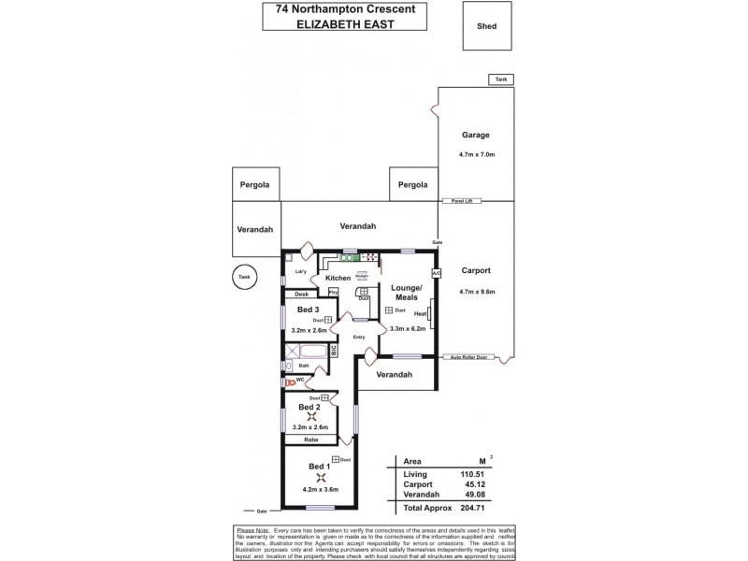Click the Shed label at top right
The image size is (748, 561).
[x=486, y=27]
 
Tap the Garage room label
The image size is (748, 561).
[x=475, y=135]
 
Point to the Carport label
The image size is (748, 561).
[x=476, y=270]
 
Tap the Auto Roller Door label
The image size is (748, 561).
[x=469, y=357]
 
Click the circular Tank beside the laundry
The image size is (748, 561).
[x=244, y=278]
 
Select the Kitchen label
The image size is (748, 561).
[x=338, y=278]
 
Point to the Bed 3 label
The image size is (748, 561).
[x=309, y=309]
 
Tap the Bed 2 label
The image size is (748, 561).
[x=309, y=408]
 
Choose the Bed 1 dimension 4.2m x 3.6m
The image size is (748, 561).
[x=321, y=489]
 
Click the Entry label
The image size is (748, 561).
[x=358, y=337]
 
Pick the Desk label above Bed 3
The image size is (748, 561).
[x=301, y=295]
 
